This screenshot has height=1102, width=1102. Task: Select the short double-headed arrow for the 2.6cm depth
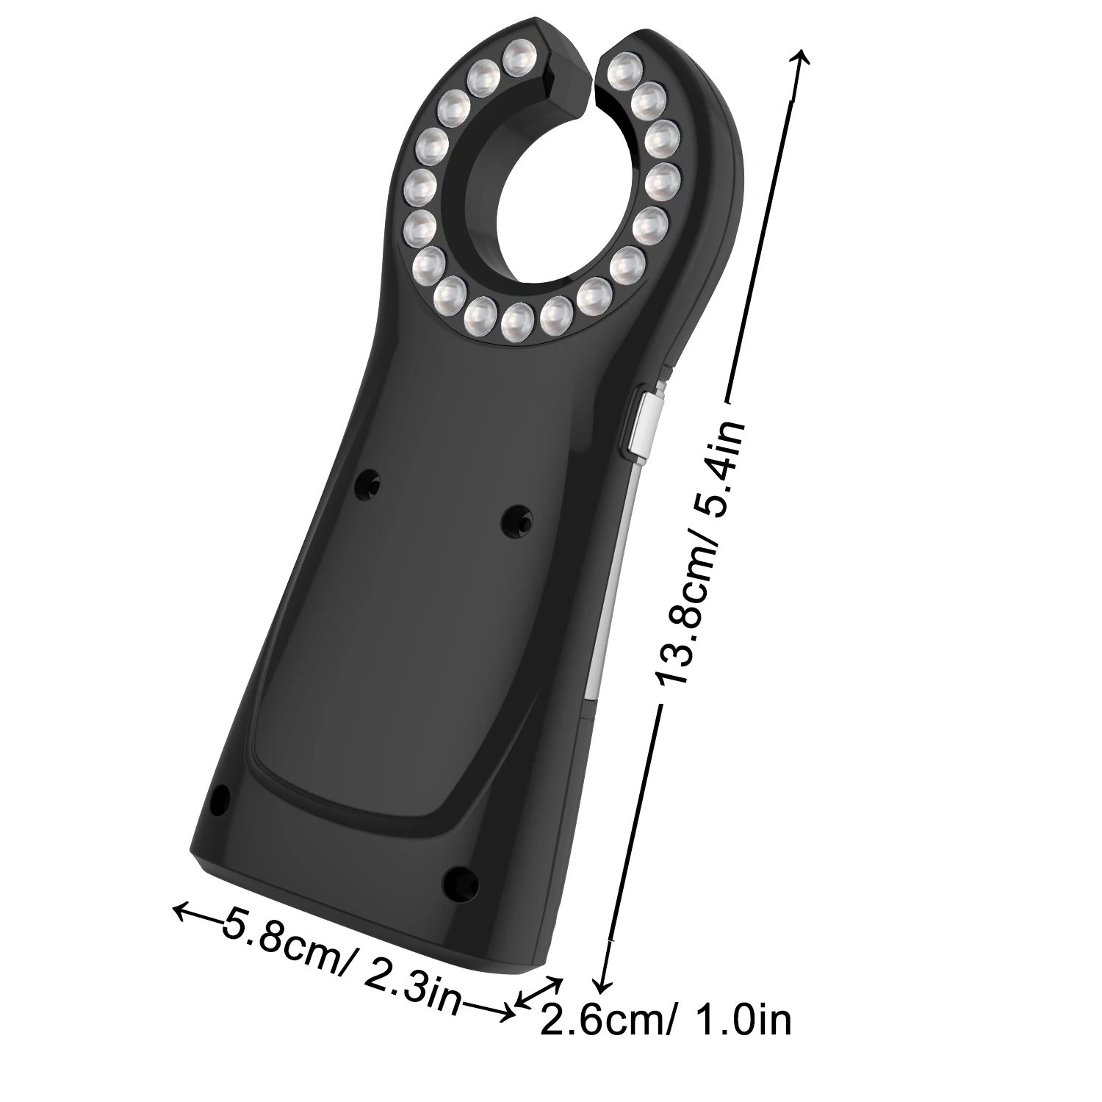540,991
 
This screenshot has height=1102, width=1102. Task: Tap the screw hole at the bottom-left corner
219,799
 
